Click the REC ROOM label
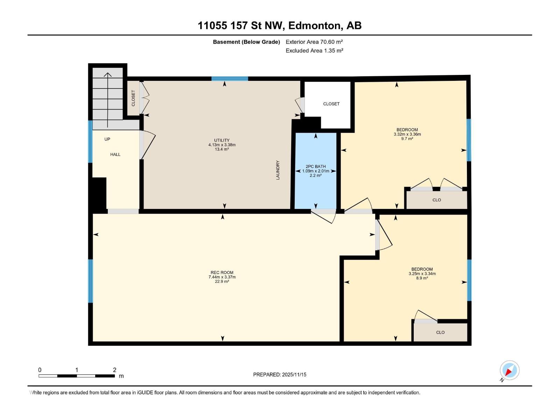[x=222, y=272]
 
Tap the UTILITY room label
[x=222, y=140]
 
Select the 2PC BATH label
[x=316, y=167]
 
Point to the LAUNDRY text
[x=278, y=170]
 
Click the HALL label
[x=115, y=155]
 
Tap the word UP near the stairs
[x=107, y=139]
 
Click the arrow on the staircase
[x=108, y=100]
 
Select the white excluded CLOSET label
[x=331, y=104]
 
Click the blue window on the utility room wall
[x=230, y=78]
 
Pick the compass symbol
[x=509, y=370]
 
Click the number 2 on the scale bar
[x=114, y=370]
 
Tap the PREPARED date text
[x=280, y=374]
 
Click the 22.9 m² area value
[x=222, y=281]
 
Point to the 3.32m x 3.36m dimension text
[x=407, y=134]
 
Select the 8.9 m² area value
[x=422, y=278]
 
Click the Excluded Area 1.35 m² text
[x=314, y=51]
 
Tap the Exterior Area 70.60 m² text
[x=314, y=42]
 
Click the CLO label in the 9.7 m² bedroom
[x=436, y=200]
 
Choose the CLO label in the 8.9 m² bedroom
[x=440, y=332]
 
